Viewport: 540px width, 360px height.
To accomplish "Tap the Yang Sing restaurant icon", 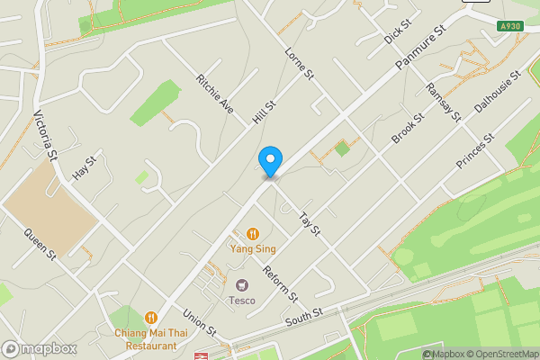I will click(x=253, y=232).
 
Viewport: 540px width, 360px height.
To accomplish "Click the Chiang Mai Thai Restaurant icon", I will click(x=150, y=318).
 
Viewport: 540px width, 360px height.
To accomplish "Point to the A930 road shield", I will click(x=509, y=27).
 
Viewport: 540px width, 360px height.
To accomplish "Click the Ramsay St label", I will click(x=443, y=101).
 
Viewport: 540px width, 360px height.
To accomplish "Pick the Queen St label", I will click(x=40, y=242).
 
